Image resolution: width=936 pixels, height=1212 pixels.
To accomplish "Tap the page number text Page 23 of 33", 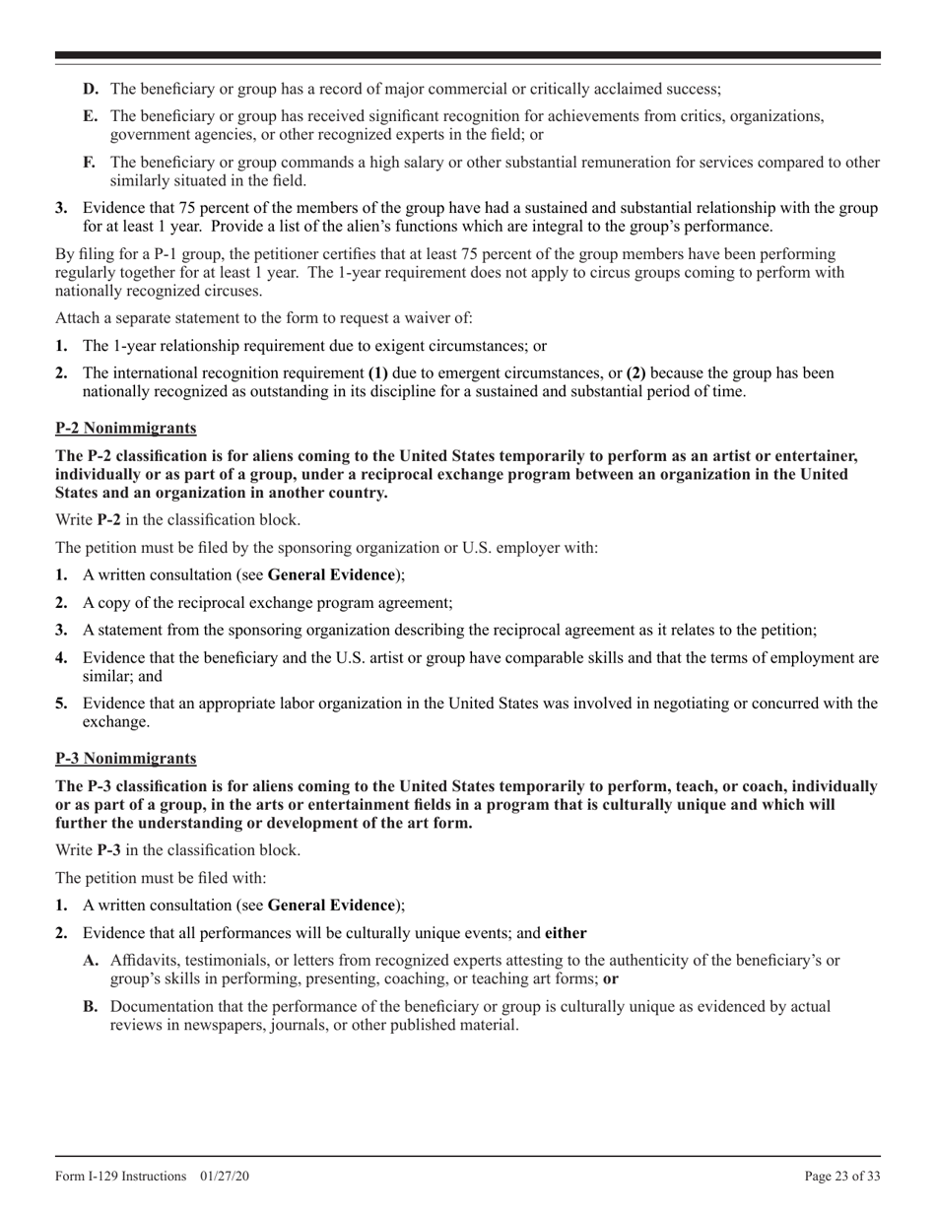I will pos(842,1176).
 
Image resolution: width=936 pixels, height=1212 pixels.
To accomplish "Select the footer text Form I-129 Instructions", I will pos(121,1176).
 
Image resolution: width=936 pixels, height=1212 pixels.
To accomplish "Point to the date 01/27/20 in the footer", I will pos(223,1176).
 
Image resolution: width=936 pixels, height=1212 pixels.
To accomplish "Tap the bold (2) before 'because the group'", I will pos(636,373).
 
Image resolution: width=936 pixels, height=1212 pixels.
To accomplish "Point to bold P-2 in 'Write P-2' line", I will pos(111,519).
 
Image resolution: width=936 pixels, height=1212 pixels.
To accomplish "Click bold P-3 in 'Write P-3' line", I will pos(111,849).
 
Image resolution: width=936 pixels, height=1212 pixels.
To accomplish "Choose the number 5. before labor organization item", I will pos(62,703).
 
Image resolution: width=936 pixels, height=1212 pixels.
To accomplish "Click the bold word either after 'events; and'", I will pos(567,932).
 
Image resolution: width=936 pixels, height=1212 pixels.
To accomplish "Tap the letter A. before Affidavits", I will pos(92,960).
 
